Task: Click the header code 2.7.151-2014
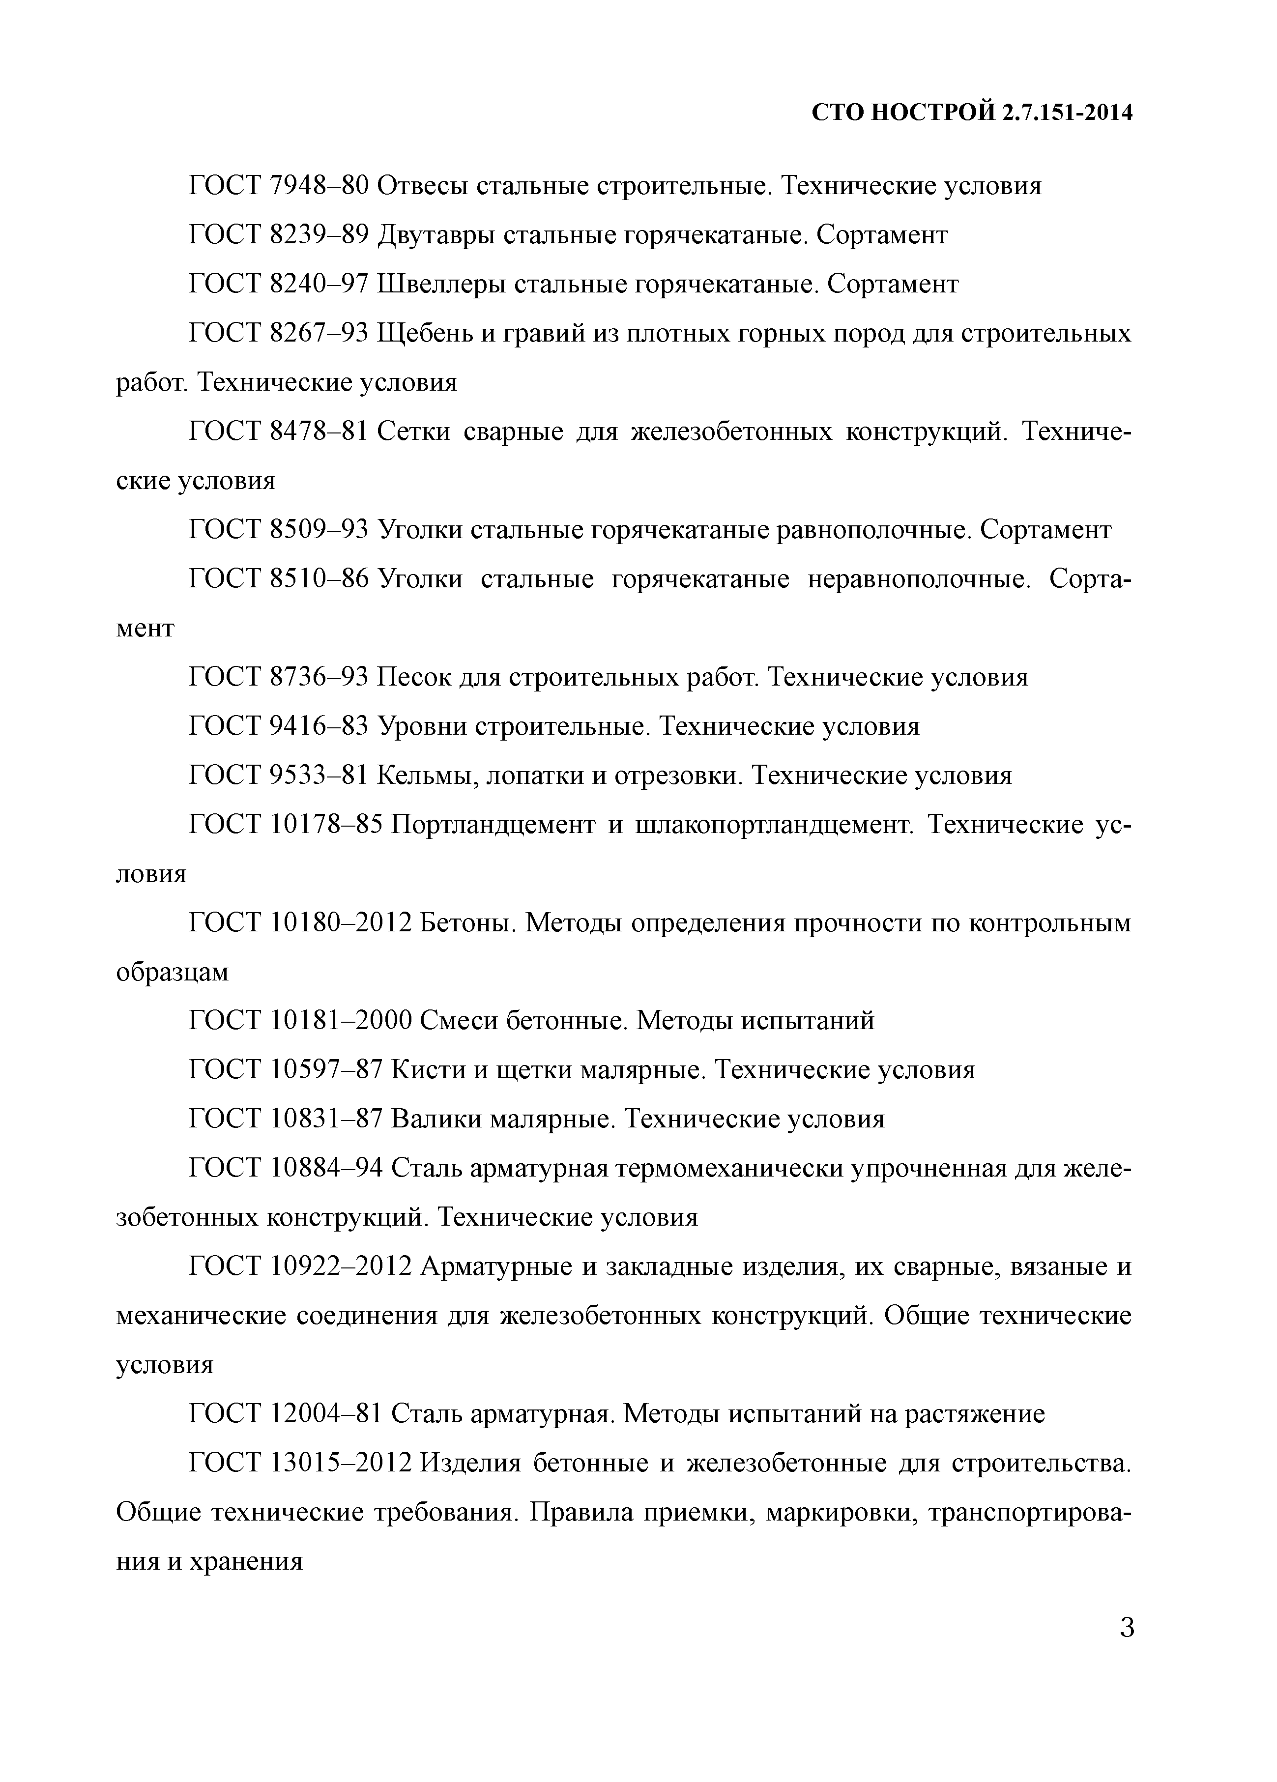[x=1067, y=113]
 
